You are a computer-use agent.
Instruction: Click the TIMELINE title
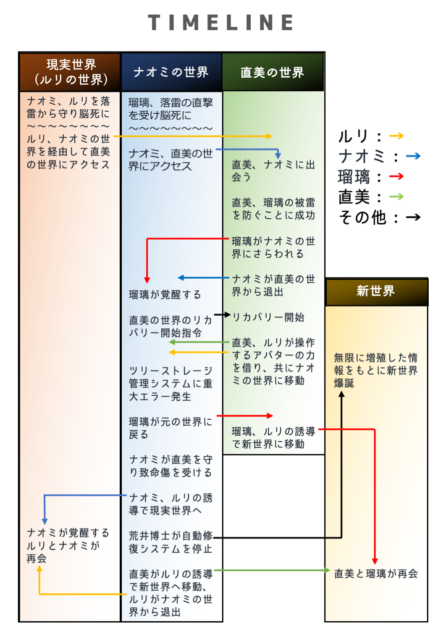[221, 22]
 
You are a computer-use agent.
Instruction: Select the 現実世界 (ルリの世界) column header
[70, 72]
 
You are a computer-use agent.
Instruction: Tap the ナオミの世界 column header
[171, 72]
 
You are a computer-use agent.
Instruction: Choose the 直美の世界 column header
[273, 72]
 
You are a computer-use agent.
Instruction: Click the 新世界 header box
[376, 292]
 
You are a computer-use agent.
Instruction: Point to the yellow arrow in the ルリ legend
[396, 136]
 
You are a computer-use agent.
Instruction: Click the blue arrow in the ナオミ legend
[413, 156]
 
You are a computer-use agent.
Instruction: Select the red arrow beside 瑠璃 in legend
[396, 176]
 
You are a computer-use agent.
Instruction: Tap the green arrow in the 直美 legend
[396, 196]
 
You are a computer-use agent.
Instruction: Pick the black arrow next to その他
[413, 217]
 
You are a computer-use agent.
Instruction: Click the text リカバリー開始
[268, 317]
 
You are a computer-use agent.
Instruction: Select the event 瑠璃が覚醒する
[165, 294]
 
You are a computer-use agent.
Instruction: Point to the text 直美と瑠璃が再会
[376, 573]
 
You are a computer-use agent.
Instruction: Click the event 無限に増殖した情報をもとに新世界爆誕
[376, 370]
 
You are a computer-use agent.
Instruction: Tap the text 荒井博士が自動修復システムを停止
[170, 542]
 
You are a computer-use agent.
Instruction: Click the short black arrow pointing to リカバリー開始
[223, 314]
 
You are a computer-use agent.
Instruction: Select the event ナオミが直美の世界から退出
[273, 285]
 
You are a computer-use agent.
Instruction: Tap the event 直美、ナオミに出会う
[273, 171]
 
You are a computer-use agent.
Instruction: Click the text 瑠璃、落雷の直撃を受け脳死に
[170, 109]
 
